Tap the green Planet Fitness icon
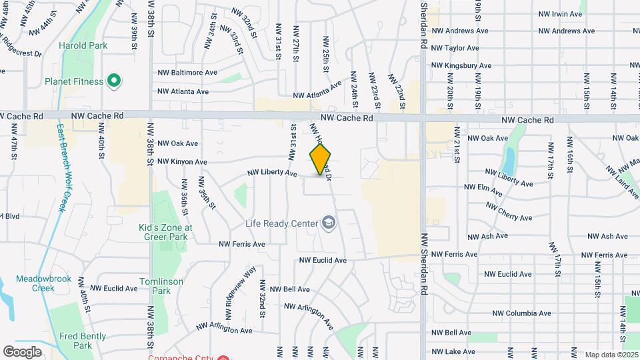[114, 81]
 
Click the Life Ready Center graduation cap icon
[328, 223]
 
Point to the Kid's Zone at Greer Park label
[165, 231]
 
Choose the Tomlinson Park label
[161, 286]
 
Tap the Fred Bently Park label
[83, 341]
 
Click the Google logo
[22, 351]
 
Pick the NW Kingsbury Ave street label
[461, 66]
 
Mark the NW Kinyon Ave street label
[182, 162]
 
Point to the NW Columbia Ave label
[521, 313]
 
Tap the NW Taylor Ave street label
[455, 48]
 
